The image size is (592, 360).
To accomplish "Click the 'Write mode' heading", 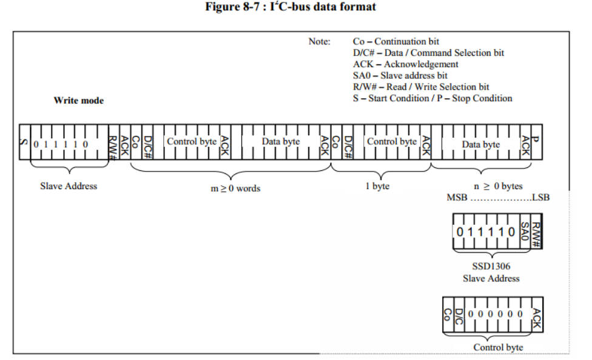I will click(x=78, y=101).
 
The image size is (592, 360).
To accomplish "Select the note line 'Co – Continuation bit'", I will click(x=395, y=42).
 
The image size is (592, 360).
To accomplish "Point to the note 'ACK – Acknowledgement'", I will click(x=405, y=64).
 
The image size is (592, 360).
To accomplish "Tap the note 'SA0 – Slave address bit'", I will click(x=400, y=76).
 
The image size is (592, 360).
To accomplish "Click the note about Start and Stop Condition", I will click(x=432, y=98).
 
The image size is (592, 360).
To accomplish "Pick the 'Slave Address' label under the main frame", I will click(x=69, y=186).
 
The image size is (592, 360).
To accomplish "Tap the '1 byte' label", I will click(x=377, y=186).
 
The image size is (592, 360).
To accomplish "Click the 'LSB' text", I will click(x=541, y=198).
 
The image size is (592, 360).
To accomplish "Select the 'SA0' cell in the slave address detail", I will click(x=525, y=232).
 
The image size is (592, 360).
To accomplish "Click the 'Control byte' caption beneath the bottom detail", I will click(x=498, y=347).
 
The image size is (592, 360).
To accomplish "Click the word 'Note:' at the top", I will click(x=320, y=42).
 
